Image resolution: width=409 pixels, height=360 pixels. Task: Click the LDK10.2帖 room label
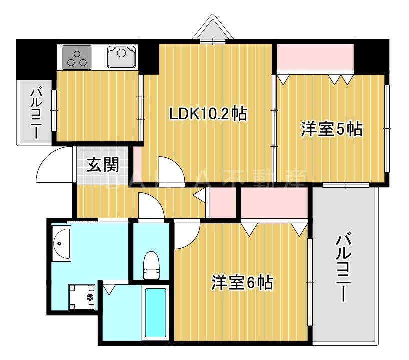208,114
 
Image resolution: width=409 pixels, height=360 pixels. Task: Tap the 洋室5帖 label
331,129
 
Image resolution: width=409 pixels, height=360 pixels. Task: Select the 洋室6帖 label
242,283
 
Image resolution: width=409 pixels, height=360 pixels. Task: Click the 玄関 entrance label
103,165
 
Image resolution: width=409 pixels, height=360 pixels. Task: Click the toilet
151,265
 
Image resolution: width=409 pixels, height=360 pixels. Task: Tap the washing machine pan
81,297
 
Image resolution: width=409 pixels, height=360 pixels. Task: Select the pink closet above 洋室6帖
274,204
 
